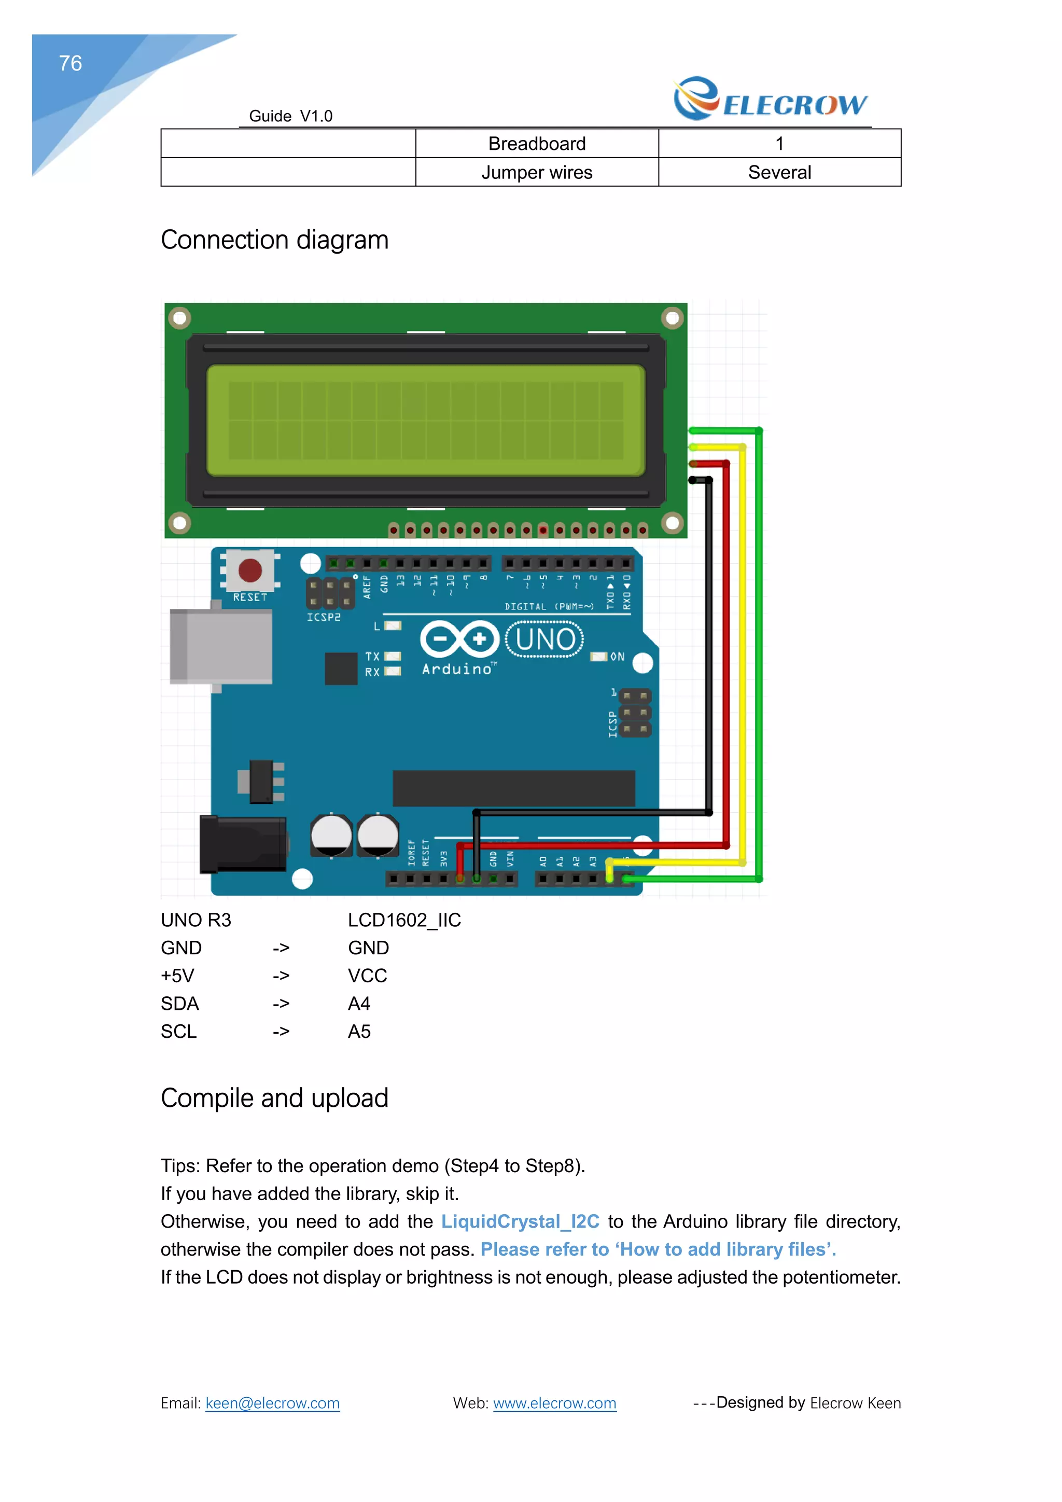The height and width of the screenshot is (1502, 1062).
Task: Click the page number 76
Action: [70, 63]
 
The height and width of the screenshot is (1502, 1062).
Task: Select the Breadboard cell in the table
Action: [536, 144]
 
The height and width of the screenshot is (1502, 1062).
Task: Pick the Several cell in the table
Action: [779, 173]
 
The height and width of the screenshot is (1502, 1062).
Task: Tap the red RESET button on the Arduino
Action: [250, 571]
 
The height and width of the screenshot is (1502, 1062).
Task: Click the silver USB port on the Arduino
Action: [220, 646]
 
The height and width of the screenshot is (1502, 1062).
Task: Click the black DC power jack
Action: [243, 844]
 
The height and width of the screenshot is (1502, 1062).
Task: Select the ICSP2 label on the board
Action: [324, 617]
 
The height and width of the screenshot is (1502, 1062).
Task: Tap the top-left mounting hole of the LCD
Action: [179, 318]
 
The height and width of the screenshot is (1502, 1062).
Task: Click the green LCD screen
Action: [426, 420]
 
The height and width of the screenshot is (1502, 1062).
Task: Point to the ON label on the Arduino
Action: [617, 657]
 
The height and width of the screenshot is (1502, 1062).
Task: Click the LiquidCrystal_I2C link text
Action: [520, 1221]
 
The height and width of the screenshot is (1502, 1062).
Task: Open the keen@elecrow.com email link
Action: [272, 1403]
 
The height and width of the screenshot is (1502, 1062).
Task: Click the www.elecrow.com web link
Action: [554, 1403]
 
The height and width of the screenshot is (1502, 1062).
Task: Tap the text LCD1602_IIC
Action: [404, 921]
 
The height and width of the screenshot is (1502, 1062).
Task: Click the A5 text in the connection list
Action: [359, 1032]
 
